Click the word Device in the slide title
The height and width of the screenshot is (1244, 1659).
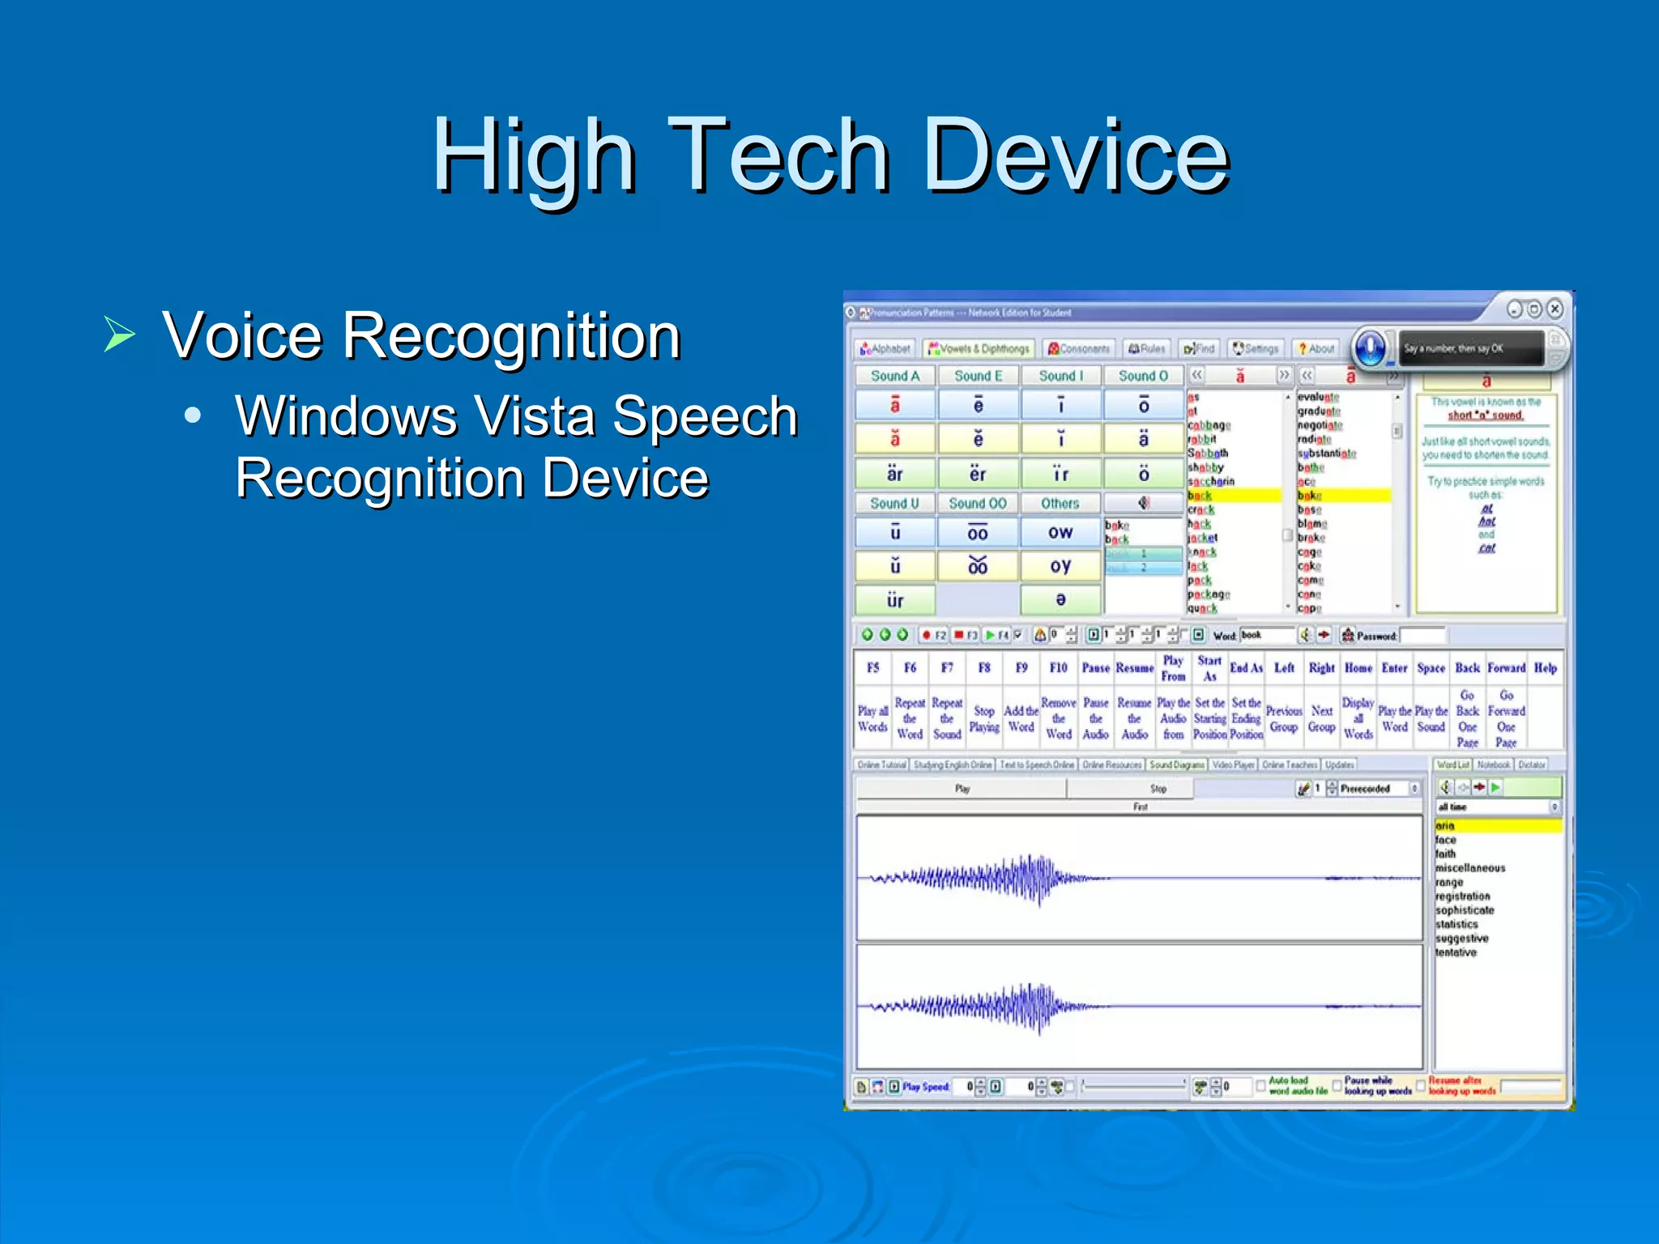pos(1077,155)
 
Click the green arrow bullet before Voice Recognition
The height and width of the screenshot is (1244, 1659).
pos(119,334)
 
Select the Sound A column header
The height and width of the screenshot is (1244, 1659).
pos(895,376)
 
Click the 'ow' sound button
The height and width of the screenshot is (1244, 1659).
pos(1060,533)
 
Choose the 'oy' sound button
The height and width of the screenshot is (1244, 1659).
pos(1060,566)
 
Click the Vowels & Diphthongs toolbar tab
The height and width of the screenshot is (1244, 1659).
pos(979,348)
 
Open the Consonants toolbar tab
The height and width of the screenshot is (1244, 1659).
pos(1079,348)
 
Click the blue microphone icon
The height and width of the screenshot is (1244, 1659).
pos(1370,349)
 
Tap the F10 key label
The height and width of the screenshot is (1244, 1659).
pos(1058,668)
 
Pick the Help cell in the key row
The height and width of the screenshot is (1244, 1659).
pos(1545,668)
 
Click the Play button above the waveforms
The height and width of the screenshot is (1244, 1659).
pos(962,788)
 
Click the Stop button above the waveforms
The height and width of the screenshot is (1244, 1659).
pos(1158,788)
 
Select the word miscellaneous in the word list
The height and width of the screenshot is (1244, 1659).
pos(1469,868)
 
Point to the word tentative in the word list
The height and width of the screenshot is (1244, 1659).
pos(1456,952)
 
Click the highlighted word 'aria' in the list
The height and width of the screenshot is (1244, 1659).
pos(1445,826)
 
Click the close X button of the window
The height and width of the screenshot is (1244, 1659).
pos(1554,309)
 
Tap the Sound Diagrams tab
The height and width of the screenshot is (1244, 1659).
pos(1176,765)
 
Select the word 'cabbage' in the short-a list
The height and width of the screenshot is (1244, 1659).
pos(1209,425)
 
